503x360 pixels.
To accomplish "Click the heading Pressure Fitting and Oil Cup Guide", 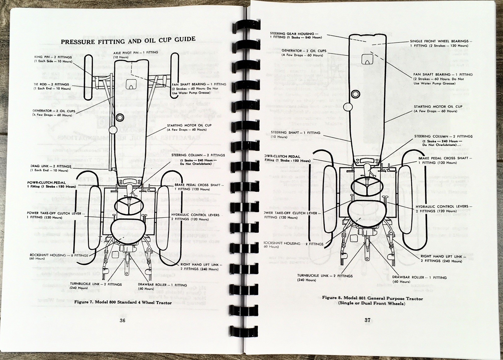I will [128, 40].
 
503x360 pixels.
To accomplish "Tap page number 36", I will [123, 320].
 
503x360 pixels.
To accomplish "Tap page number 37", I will [368, 320].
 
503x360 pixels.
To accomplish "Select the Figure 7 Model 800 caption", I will [123, 302].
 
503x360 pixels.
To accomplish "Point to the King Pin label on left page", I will [53, 59].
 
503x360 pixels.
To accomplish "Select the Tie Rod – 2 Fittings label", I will [52, 86].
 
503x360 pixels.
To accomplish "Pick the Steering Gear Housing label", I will [296, 35].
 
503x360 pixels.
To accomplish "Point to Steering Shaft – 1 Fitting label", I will [295, 134].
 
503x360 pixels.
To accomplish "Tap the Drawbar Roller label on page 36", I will [162, 287].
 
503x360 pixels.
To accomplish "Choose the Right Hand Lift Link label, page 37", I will [441, 258].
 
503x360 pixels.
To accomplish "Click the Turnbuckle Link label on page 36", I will [96, 286].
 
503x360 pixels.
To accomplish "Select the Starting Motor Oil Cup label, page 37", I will [438, 109].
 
